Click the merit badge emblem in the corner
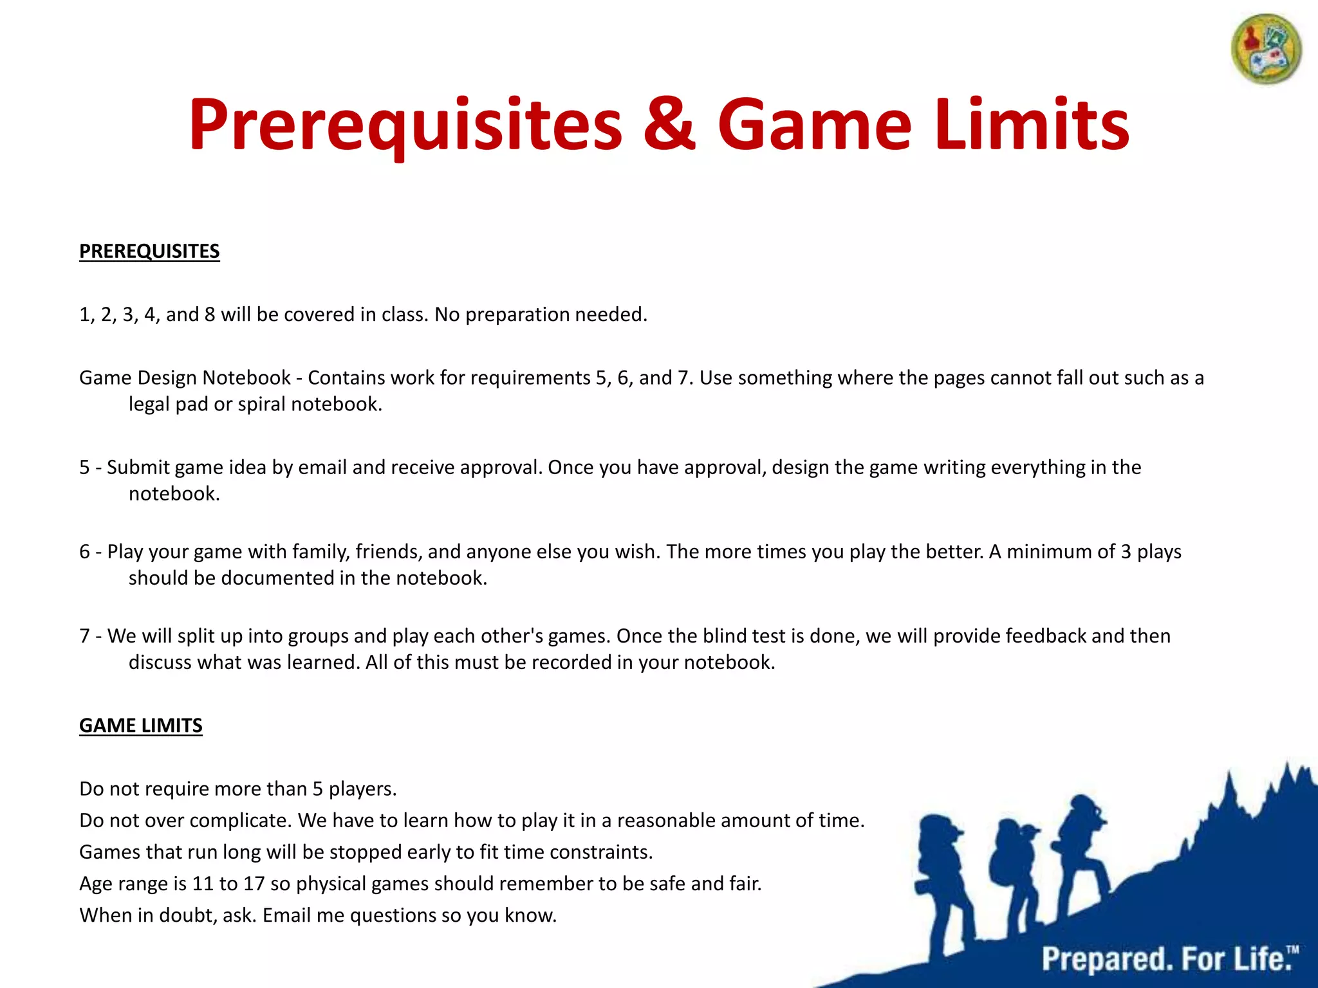coord(1266,50)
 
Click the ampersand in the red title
coord(669,123)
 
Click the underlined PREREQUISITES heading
coord(149,251)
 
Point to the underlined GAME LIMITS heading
coord(141,726)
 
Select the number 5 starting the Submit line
coord(84,467)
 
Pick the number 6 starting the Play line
coord(84,552)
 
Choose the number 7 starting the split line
coord(84,636)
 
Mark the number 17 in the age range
coord(254,884)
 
